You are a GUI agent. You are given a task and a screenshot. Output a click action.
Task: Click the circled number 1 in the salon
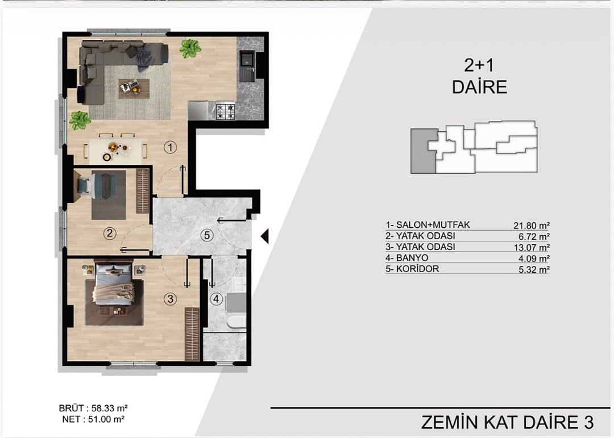click(x=170, y=148)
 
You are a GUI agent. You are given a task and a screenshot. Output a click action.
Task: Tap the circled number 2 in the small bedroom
click(x=110, y=233)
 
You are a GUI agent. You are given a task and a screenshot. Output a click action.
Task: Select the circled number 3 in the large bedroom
click(x=170, y=299)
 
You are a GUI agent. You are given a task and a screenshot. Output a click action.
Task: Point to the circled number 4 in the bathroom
click(x=216, y=299)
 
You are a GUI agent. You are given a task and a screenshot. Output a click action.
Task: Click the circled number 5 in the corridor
click(x=207, y=236)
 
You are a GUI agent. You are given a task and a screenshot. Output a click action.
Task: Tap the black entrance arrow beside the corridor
click(x=265, y=236)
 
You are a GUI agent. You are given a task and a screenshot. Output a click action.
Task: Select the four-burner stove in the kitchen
click(x=226, y=111)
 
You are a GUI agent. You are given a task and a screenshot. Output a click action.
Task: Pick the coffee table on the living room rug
click(x=134, y=89)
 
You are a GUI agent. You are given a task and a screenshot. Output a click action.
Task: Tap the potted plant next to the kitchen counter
click(x=190, y=48)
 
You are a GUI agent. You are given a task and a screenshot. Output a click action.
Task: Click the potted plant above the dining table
click(x=80, y=120)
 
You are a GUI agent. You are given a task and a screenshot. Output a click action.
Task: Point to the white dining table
click(x=115, y=151)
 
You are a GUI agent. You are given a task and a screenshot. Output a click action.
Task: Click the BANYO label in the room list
click(x=412, y=258)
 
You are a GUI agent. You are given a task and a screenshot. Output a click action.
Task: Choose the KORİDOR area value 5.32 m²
click(x=534, y=269)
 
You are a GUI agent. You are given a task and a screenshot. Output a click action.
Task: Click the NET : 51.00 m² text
click(x=93, y=419)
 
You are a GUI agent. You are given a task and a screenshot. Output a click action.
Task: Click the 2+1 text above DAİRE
click(x=479, y=65)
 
